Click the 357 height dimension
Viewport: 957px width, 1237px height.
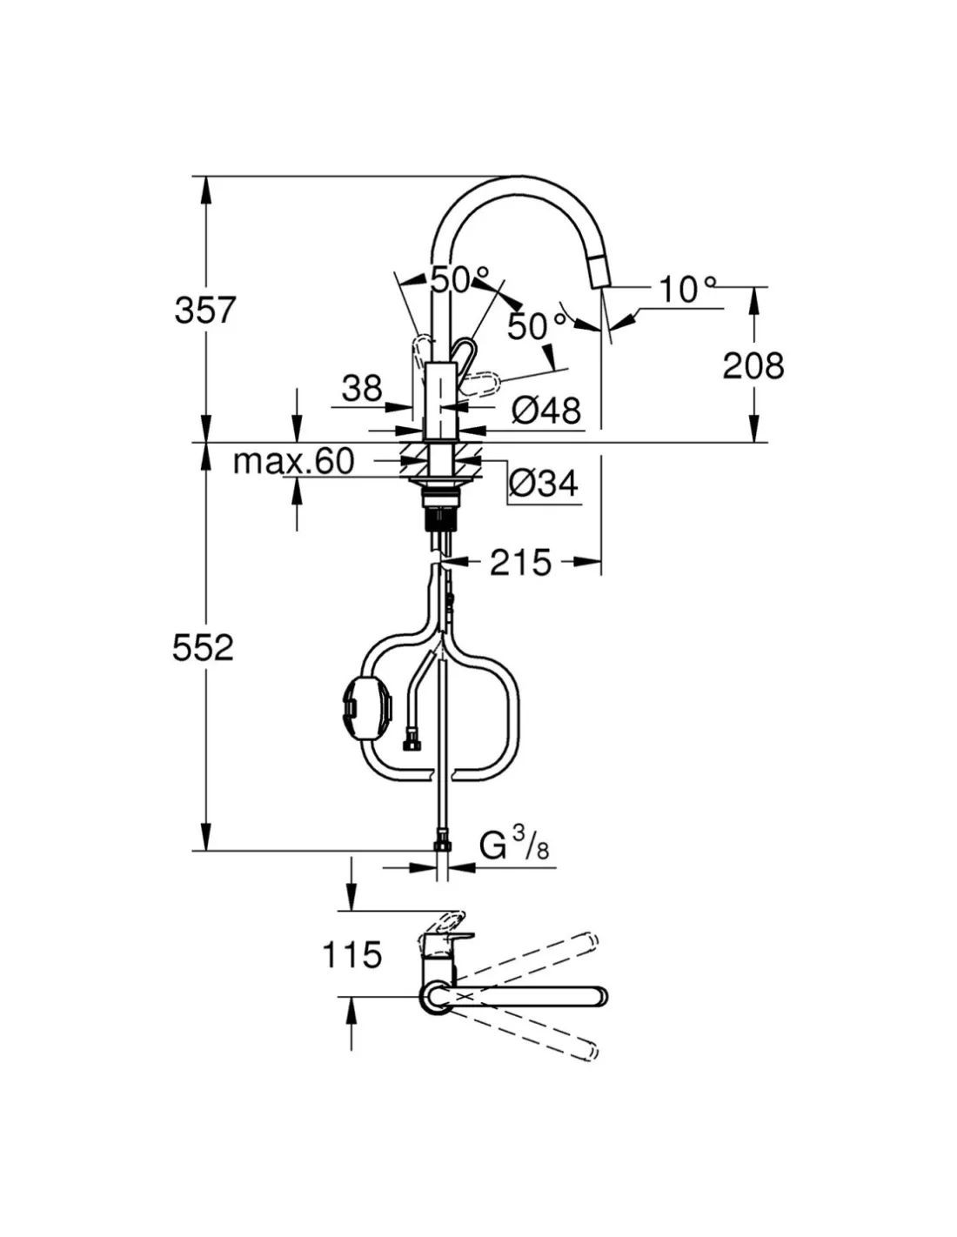coord(205,311)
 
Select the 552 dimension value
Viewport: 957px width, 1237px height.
coord(204,648)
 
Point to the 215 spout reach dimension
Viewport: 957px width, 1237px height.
coord(520,563)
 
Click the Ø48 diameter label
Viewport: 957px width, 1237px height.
coord(546,410)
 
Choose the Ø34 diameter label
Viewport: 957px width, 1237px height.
coord(544,484)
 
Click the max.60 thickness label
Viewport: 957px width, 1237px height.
coord(294,461)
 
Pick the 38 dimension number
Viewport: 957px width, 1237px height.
coord(362,389)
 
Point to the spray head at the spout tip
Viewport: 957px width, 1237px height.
coord(598,271)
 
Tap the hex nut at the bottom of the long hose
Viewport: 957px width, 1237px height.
coord(442,844)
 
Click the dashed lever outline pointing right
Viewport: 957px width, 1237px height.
coord(480,384)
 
